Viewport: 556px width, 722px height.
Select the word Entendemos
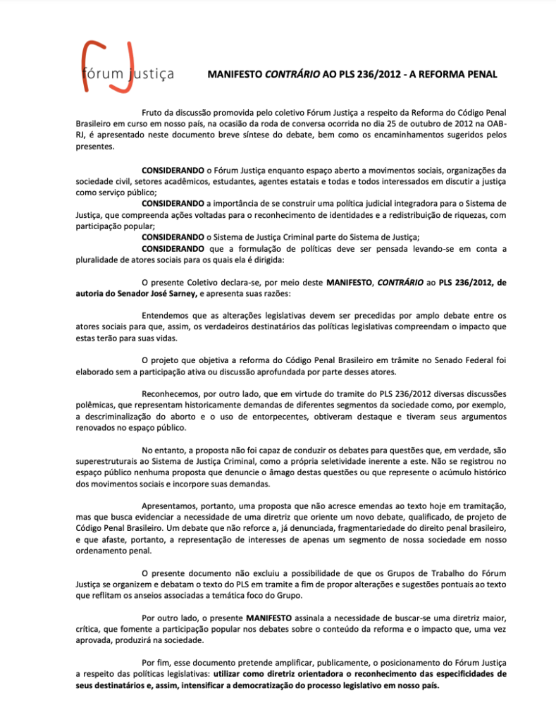tap(170, 315)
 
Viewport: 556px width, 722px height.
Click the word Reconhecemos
tap(174, 393)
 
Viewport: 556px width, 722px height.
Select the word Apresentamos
tap(175, 506)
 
